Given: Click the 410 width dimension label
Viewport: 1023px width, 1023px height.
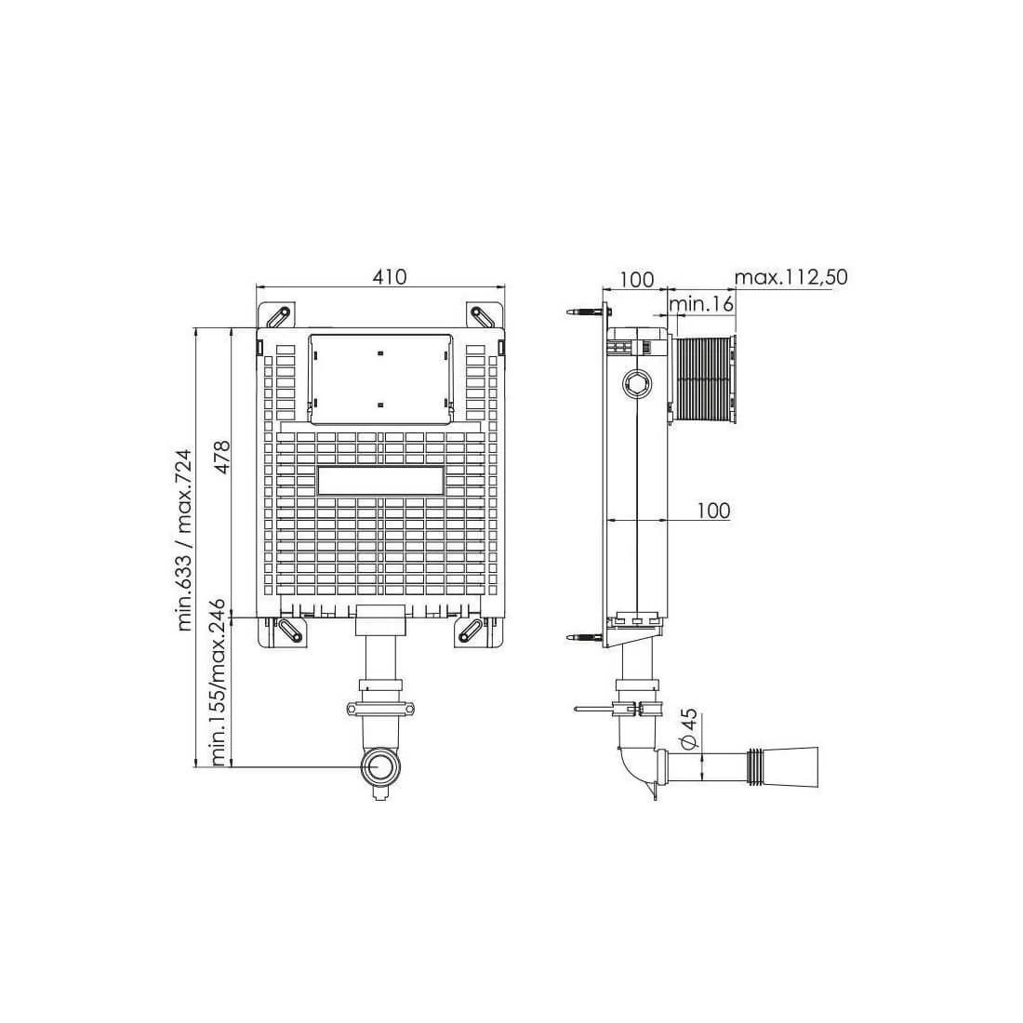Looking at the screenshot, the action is (x=390, y=276).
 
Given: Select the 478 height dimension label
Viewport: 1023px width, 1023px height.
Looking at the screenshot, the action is (x=222, y=457).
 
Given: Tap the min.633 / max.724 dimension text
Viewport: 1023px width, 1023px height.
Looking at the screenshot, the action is (x=185, y=540).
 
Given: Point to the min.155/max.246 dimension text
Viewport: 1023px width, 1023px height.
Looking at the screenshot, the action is (x=219, y=683).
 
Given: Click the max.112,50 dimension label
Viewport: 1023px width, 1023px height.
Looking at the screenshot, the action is (x=790, y=277).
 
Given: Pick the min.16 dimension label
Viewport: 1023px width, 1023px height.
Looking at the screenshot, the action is (x=701, y=303).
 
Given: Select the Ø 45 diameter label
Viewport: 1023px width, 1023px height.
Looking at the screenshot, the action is (x=689, y=728).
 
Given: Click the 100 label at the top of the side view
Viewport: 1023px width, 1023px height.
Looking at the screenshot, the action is (x=636, y=279).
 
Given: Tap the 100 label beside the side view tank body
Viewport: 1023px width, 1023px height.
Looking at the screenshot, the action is (x=713, y=511).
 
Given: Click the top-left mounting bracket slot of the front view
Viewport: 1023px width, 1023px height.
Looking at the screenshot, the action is (x=276, y=316).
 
